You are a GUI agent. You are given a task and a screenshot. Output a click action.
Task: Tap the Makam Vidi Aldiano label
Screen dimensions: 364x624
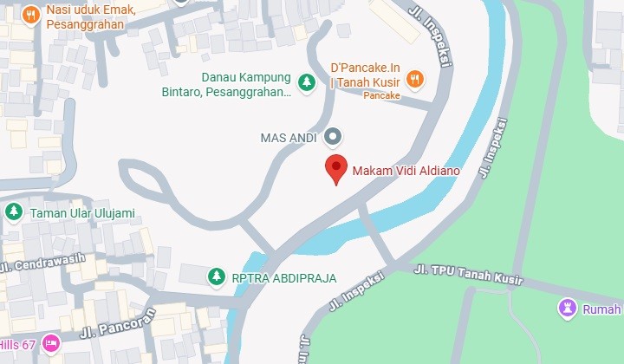pos(406,171)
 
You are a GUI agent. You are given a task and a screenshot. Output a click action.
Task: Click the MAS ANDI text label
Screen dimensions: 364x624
pos(289,137)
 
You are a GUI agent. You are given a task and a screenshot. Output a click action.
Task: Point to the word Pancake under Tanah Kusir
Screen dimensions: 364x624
pos(381,96)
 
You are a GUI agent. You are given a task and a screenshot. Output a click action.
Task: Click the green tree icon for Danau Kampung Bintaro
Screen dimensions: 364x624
pos(306,83)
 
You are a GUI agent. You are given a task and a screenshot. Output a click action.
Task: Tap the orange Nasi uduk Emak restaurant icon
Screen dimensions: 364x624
pos(31,15)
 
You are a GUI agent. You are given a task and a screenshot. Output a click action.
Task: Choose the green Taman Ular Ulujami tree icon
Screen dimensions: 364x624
pos(14,211)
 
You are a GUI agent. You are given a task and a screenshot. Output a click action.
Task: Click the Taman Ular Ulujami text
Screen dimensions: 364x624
pos(82,212)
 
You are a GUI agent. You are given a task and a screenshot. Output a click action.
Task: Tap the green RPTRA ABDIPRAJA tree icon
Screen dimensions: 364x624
pos(215,276)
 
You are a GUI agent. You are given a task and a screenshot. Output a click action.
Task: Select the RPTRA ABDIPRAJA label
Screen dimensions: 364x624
pos(283,278)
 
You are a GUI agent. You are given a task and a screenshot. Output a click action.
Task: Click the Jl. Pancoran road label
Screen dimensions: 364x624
pos(117,322)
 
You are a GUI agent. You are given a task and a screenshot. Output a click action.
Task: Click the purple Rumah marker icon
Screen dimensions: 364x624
pos(568,308)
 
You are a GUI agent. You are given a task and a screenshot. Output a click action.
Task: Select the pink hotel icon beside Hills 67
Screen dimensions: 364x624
pos(51,343)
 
